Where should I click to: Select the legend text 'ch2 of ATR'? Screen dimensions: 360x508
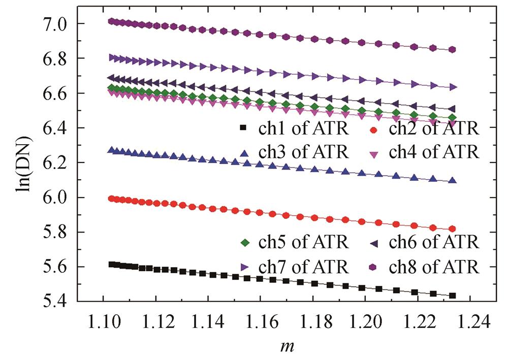433,128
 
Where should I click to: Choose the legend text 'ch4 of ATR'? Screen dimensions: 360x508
433,151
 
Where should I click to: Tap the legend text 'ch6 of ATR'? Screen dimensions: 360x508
433,242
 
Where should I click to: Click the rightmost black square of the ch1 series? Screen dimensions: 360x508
452,296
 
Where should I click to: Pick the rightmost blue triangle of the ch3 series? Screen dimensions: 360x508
453,180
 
